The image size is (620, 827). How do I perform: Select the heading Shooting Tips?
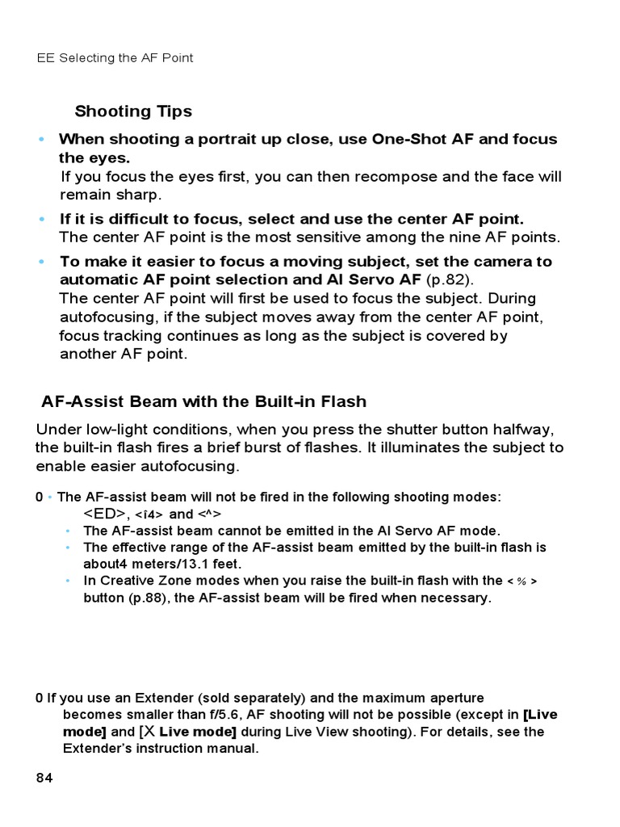pyautogui.click(x=133, y=111)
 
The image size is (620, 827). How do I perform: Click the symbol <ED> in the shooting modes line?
pyautogui.click(x=105, y=514)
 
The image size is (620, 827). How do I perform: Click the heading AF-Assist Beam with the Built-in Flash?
pyautogui.click(x=203, y=401)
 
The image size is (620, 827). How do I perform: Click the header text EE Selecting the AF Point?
pyautogui.click(x=115, y=58)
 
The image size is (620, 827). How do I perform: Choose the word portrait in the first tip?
pyautogui.click(x=220, y=139)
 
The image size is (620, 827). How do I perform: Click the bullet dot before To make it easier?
pyautogui.click(x=42, y=262)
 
